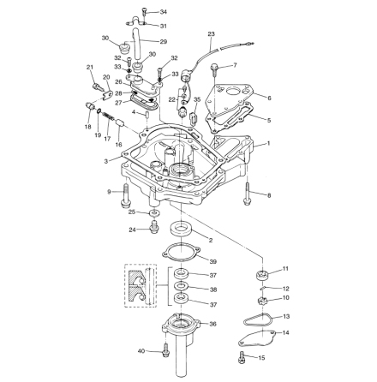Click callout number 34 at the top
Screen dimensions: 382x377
[164, 12]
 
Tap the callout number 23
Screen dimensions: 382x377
[212, 34]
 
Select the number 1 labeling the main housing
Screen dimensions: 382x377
[267, 144]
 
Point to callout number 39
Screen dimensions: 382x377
[212, 261]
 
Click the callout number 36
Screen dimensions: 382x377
[212, 324]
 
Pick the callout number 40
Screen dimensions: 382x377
[141, 350]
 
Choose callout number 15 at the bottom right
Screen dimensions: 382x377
[262, 357]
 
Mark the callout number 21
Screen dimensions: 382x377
[90, 67]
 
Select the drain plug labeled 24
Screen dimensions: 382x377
[154, 227]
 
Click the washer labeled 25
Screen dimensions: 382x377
[153, 212]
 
